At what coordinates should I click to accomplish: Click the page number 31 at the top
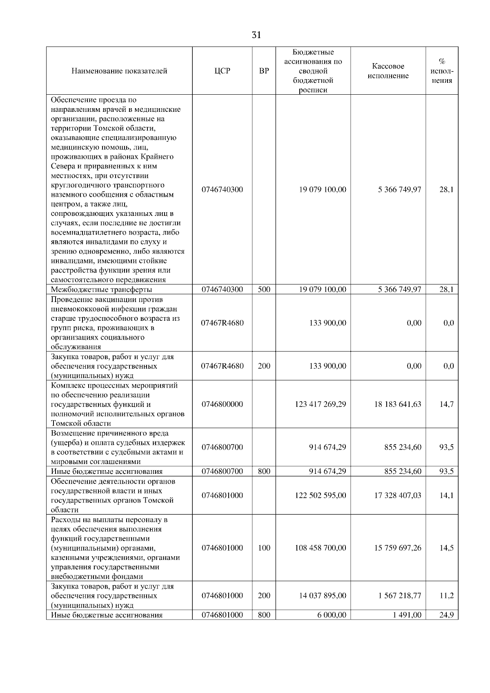[256, 35]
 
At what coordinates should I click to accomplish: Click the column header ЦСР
[222, 71]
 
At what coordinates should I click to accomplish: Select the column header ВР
[264, 71]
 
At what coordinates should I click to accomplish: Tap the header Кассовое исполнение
[388, 71]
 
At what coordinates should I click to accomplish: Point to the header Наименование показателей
[119, 71]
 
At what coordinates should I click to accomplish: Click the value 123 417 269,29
[320, 404]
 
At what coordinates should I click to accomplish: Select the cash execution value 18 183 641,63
[397, 404]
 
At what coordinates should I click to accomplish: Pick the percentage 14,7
[446, 404]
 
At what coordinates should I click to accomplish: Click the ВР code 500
[264, 289]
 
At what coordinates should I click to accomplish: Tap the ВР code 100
[264, 548]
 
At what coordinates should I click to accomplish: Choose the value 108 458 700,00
[320, 548]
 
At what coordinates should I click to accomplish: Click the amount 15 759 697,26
[397, 548]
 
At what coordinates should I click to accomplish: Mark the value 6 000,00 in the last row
[332, 615]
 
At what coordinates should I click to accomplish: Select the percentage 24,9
[446, 615]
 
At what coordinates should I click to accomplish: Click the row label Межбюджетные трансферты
[101, 290]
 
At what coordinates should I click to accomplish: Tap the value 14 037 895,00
[322, 595]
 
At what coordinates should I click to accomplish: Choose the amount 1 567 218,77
[399, 595]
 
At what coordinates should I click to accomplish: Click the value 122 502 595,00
[320, 495]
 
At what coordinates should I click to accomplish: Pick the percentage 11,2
[446, 595]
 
